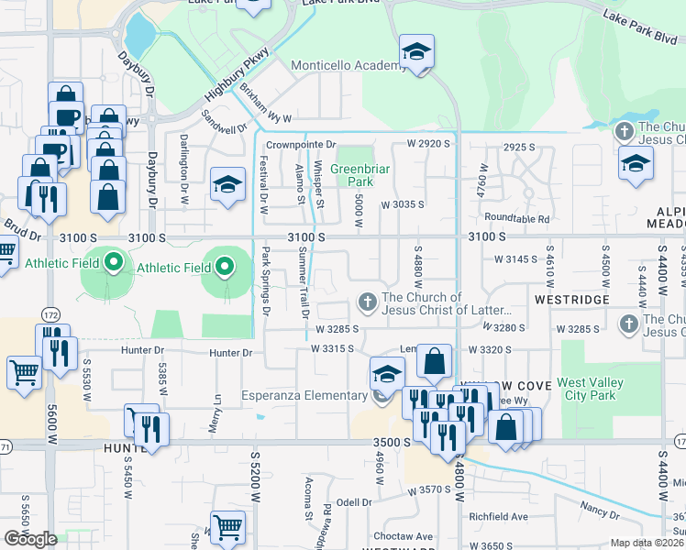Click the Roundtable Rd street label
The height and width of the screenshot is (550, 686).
click(517, 219)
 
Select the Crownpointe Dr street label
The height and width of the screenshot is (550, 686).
click(302, 145)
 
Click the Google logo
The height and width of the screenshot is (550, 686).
click(30, 539)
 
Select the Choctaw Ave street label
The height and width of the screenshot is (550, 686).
click(403, 536)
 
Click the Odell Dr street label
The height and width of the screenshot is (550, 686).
click(353, 501)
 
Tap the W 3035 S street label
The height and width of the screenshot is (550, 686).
click(403, 204)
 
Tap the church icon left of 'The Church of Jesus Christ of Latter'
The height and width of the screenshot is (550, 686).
click(367, 302)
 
